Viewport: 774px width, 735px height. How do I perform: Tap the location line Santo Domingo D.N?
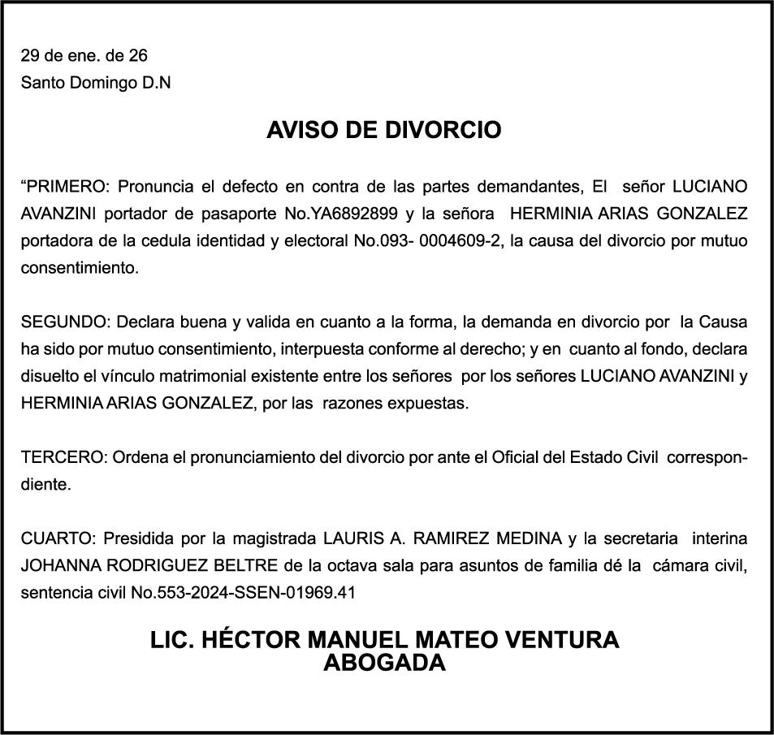[x=96, y=82]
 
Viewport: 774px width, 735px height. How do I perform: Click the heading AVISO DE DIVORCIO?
[x=384, y=130]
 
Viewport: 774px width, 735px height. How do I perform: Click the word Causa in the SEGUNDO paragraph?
[x=722, y=322]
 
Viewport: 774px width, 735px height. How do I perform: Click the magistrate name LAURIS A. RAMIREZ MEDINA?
[x=443, y=538]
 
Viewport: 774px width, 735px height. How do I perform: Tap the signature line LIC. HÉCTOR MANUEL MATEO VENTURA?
[x=384, y=640]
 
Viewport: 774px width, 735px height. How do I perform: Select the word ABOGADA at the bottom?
[x=384, y=663]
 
